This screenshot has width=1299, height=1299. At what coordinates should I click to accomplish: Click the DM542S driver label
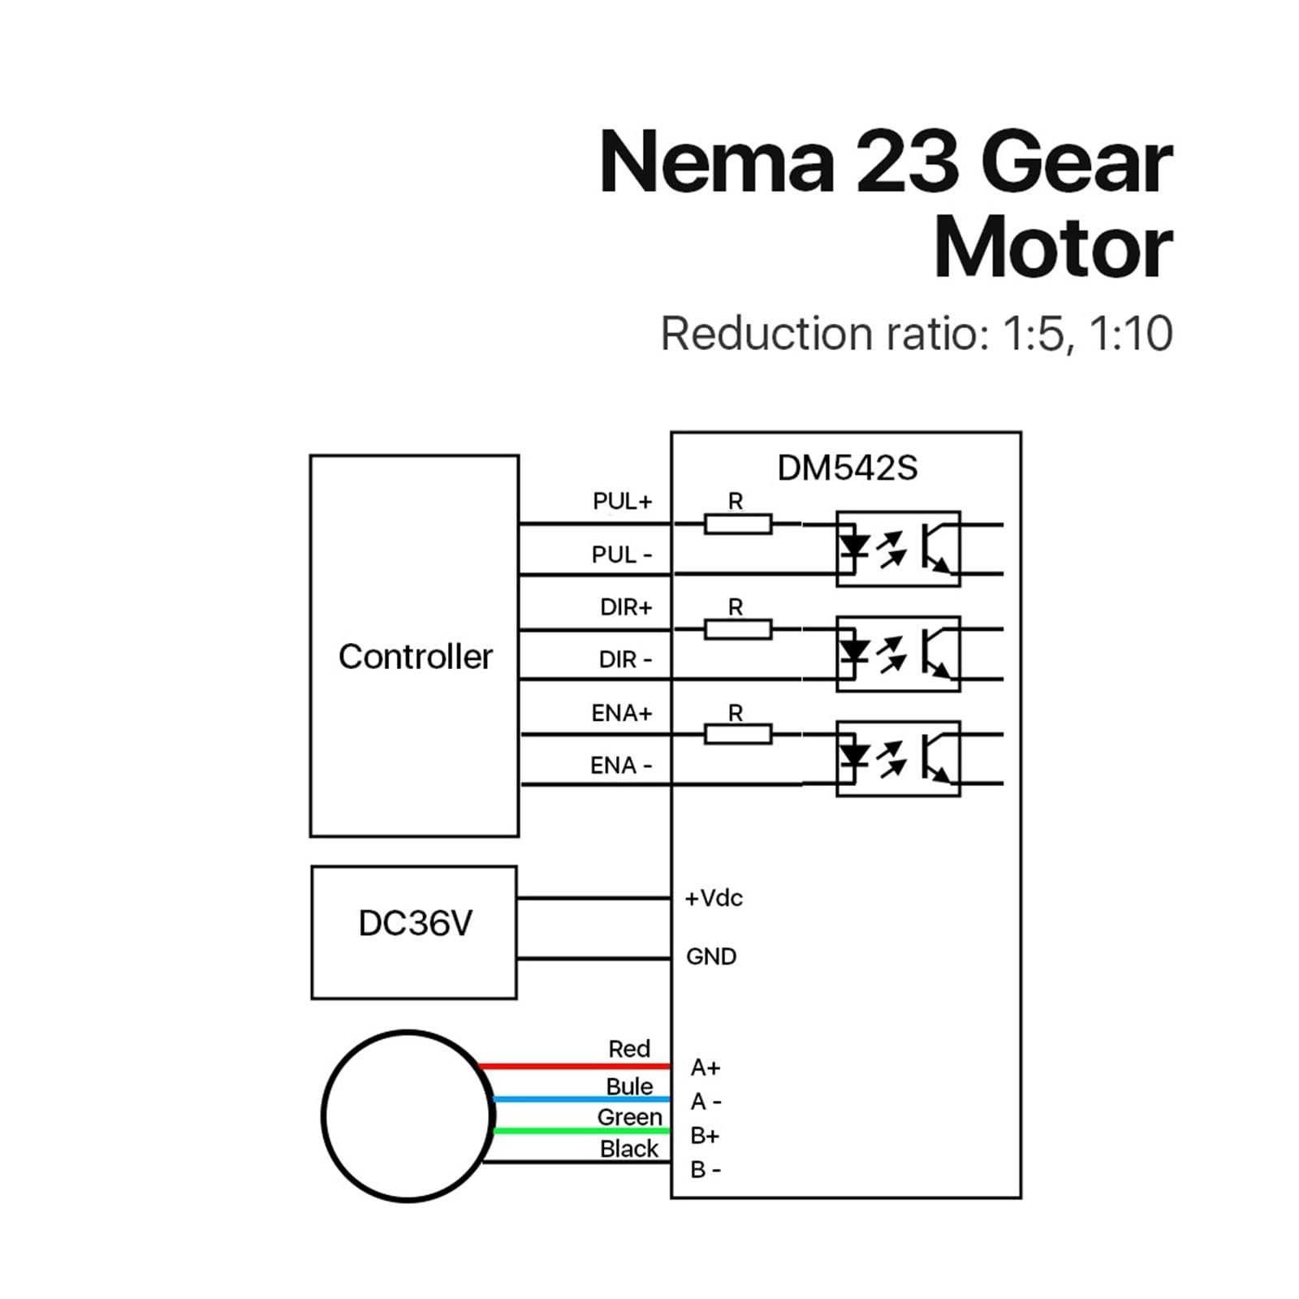click(x=847, y=468)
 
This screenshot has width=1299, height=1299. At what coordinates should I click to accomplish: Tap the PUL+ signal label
click(x=622, y=502)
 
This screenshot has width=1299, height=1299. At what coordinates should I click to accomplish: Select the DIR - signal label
click(x=625, y=659)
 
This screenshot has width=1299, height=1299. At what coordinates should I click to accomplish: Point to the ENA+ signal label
click(x=621, y=713)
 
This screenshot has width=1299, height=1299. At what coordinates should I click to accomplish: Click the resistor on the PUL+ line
click(x=737, y=524)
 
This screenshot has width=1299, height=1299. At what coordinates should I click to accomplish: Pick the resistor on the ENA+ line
click(x=737, y=735)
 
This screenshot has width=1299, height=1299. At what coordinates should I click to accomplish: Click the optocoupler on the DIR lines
click(x=898, y=654)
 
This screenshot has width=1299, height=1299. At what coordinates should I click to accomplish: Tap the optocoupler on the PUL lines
click(x=898, y=549)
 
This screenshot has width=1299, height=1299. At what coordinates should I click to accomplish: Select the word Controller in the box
click(x=415, y=657)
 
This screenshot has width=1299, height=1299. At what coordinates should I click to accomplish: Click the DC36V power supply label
click(x=415, y=924)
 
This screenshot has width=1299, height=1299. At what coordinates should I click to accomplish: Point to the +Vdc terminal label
click(x=714, y=898)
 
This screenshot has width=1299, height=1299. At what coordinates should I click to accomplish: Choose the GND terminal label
click(x=711, y=956)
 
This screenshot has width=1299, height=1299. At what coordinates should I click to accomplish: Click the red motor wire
click(x=574, y=1066)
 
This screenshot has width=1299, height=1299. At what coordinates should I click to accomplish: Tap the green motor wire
click(x=581, y=1131)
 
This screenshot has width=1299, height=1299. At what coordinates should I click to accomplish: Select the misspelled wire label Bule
click(x=629, y=1086)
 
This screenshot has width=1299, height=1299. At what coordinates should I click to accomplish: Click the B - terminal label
click(x=706, y=1170)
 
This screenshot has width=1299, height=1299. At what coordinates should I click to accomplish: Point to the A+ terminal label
click(x=706, y=1068)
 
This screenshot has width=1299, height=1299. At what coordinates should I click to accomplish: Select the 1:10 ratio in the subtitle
click(x=1131, y=334)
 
